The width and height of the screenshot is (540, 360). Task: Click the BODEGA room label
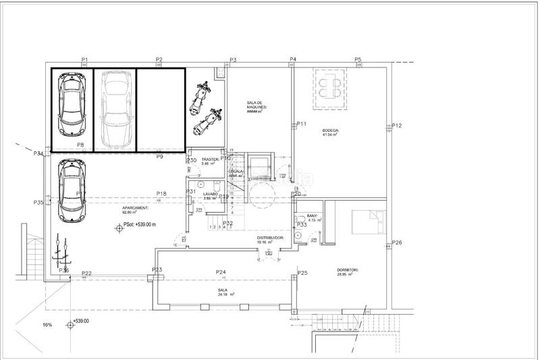click(x=330, y=130)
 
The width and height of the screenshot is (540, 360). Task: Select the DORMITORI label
click(x=348, y=271)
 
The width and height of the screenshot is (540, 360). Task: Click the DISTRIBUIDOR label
click(x=269, y=238)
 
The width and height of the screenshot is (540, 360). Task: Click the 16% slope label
click(x=47, y=325)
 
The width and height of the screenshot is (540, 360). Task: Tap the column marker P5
click(x=358, y=60)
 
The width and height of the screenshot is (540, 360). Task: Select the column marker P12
click(x=397, y=126)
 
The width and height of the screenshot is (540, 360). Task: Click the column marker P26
click(x=397, y=242)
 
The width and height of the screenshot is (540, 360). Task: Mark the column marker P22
click(x=86, y=274)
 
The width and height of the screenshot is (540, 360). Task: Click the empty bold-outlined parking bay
click(x=161, y=109)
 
